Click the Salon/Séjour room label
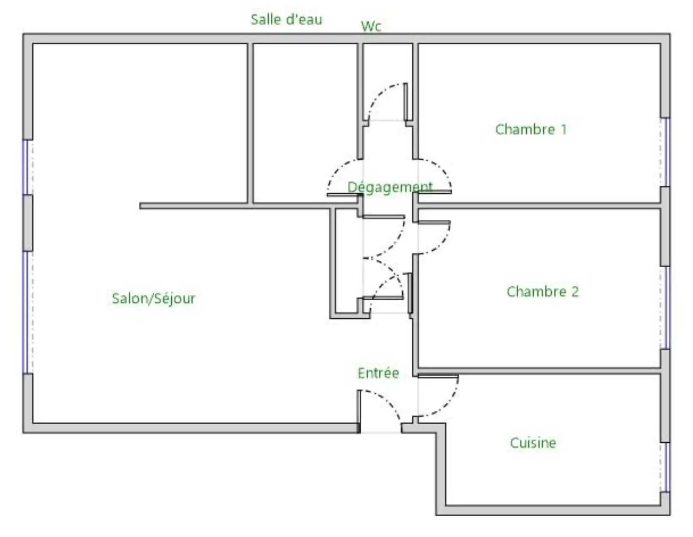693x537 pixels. [154, 299]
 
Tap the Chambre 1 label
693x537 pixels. [531, 129]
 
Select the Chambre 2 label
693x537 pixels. [542, 292]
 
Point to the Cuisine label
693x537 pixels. [533, 443]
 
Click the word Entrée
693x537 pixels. [378, 373]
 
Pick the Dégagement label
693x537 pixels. [390, 187]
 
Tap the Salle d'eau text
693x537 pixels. [286, 19]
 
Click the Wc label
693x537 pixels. [371, 26]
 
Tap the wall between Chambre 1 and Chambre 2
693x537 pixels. [539, 205]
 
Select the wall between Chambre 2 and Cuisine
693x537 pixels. [539, 371]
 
